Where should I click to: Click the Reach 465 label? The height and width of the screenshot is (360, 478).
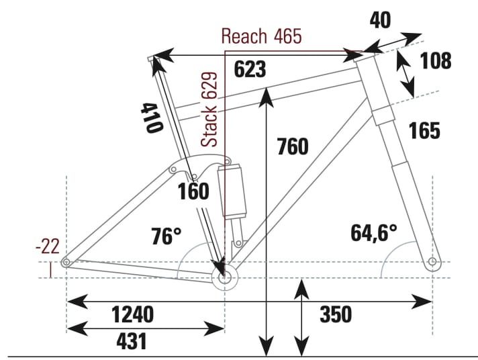(x=261, y=36)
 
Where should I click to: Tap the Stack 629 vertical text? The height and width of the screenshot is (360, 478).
(x=210, y=110)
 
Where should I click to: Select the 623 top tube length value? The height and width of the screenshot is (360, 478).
(x=250, y=69)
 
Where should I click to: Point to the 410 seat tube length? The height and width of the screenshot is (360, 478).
(x=151, y=118)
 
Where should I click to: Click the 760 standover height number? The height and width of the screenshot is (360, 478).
(x=292, y=146)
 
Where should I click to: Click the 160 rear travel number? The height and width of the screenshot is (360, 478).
(x=194, y=192)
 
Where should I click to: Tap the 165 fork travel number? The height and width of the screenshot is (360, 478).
(x=424, y=130)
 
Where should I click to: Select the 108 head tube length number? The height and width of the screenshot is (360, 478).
(x=436, y=61)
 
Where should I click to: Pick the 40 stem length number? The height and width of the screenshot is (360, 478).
(x=380, y=21)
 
